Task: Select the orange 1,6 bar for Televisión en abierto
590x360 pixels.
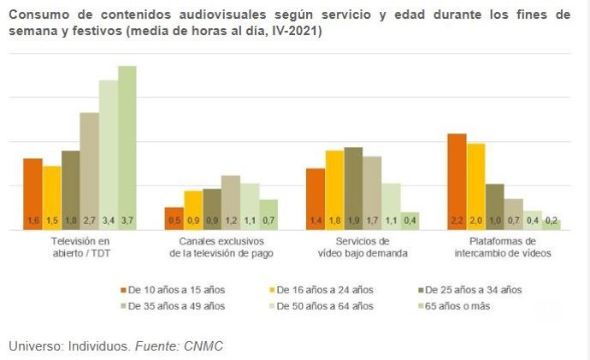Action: (32, 194)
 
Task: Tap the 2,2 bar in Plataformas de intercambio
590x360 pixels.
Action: (457, 181)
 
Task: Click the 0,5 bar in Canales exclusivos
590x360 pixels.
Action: (174, 218)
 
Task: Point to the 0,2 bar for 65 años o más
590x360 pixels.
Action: (551, 224)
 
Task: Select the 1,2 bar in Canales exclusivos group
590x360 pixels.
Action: (230, 203)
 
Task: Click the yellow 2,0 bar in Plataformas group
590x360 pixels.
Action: (475, 186)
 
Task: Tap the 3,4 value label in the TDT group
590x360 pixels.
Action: (108, 221)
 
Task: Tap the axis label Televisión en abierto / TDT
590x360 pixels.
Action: (80, 247)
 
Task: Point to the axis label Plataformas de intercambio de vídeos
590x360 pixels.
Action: (504, 247)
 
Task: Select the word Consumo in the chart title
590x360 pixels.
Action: (38, 15)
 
